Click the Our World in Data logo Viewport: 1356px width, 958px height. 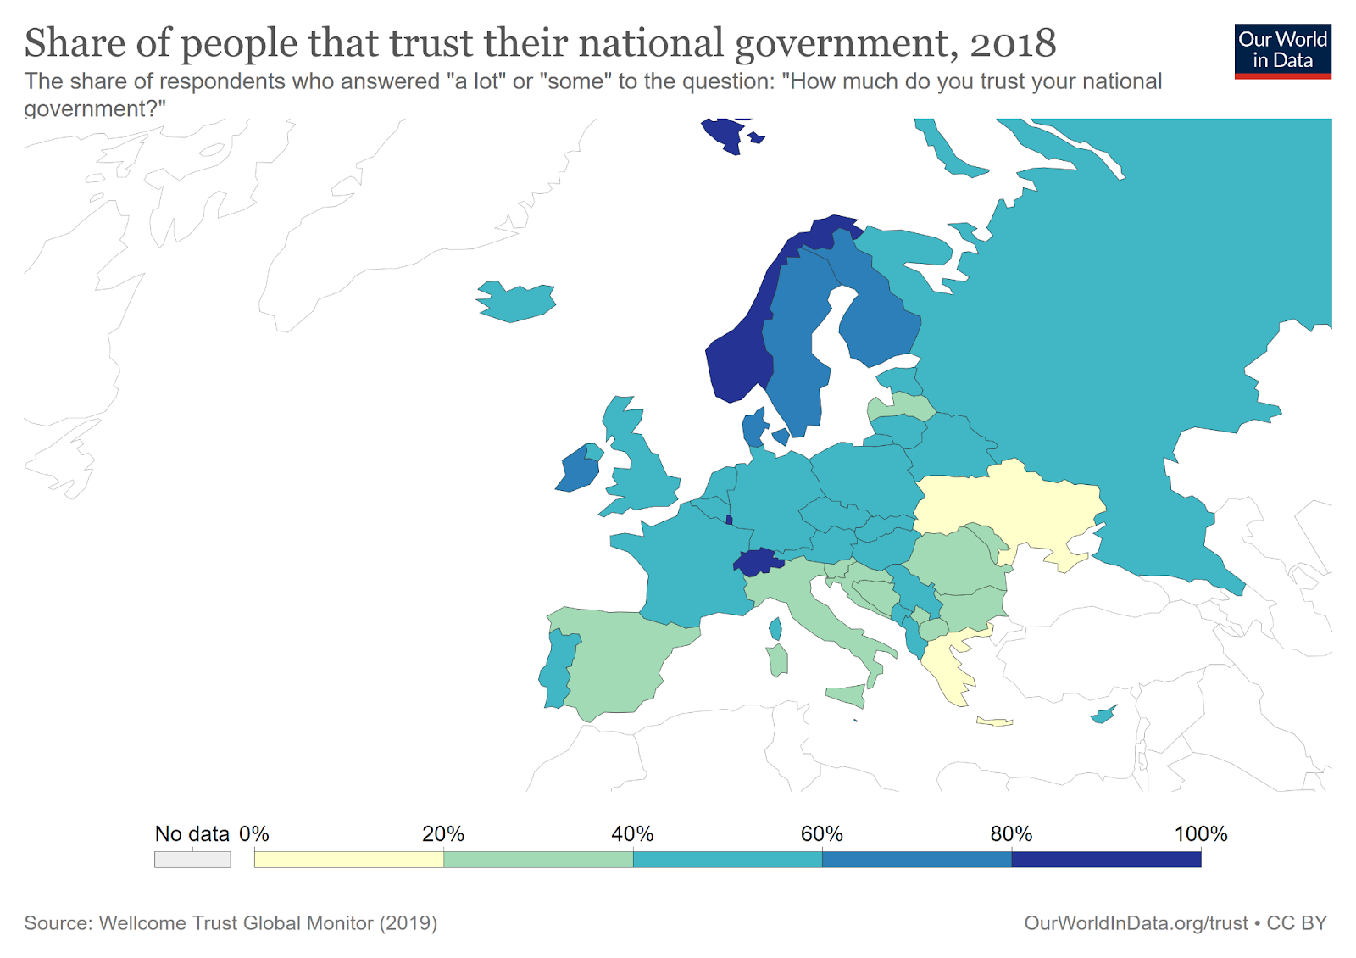point(1282,51)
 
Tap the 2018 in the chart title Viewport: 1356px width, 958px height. point(1012,43)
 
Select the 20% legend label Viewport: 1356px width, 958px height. point(443,833)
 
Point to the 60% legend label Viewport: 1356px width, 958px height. point(821,833)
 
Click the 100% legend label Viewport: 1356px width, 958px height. point(1200,833)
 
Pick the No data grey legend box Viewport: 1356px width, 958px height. point(192,859)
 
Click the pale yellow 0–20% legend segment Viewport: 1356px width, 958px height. point(348,859)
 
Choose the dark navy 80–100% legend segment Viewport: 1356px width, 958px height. point(1106,859)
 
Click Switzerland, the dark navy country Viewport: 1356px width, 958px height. point(757,562)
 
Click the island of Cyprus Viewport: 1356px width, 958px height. point(1103,716)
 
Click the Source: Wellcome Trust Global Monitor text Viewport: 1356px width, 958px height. point(231,922)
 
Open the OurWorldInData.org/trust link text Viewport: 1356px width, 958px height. point(1136,922)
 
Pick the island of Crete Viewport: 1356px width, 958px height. point(995,722)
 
